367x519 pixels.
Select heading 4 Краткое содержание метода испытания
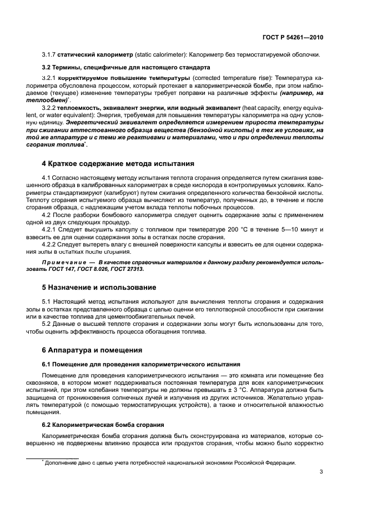[118, 164]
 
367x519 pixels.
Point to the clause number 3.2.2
[51, 107]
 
